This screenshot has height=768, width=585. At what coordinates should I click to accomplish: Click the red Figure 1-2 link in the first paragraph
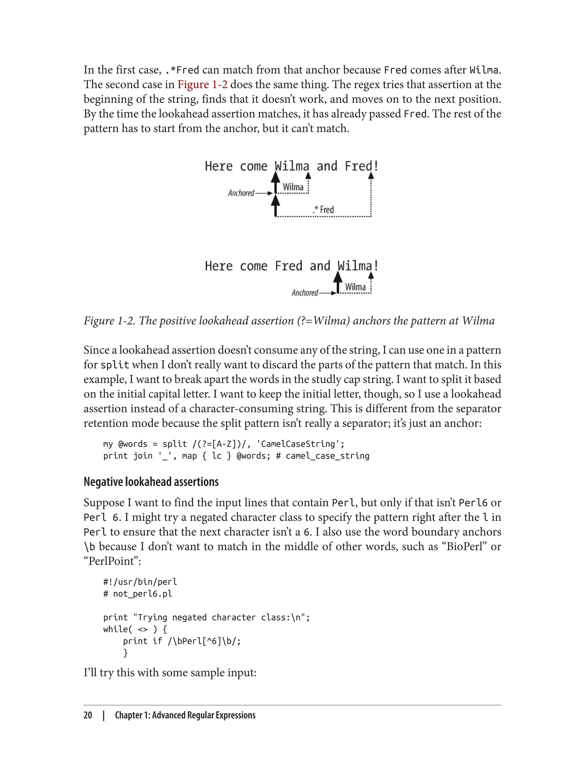pyautogui.click(x=202, y=85)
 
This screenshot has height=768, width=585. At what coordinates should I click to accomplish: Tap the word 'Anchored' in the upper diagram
pyautogui.click(x=241, y=193)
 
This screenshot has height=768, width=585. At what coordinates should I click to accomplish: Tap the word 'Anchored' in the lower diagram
pyautogui.click(x=305, y=293)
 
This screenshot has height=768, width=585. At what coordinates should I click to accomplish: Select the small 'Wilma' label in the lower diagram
pyautogui.click(x=355, y=287)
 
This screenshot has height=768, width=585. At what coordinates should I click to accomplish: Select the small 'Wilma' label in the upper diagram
pyautogui.click(x=293, y=187)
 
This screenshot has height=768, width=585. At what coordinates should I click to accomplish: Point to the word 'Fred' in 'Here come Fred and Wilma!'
pyautogui.click(x=288, y=266)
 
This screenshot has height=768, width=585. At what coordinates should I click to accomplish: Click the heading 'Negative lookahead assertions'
pyautogui.click(x=151, y=482)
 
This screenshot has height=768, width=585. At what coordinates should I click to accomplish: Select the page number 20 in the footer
pyautogui.click(x=88, y=715)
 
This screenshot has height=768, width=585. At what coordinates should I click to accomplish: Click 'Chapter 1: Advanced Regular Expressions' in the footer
pyautogui.click(x=185, y=715)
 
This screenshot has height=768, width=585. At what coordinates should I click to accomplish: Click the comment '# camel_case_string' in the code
pyautogui.click(x=322, y=456)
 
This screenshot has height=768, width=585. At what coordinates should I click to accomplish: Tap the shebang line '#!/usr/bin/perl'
pyautogui.click(x=140, y=582)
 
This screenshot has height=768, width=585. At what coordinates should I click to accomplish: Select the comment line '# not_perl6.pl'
pyautogui.click(x=138, y=593)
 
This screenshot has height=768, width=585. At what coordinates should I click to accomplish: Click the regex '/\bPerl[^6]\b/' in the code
pyautogui.click(x=204, y=641)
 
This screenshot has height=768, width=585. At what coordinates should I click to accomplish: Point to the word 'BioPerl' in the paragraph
pyautogui.click(x=465, y=546)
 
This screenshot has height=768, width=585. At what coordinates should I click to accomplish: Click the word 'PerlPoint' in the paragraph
pyautogui.click(x=112, y=561)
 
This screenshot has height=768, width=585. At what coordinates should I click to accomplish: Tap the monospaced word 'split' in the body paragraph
pyautogui.click(x=115, y=365)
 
